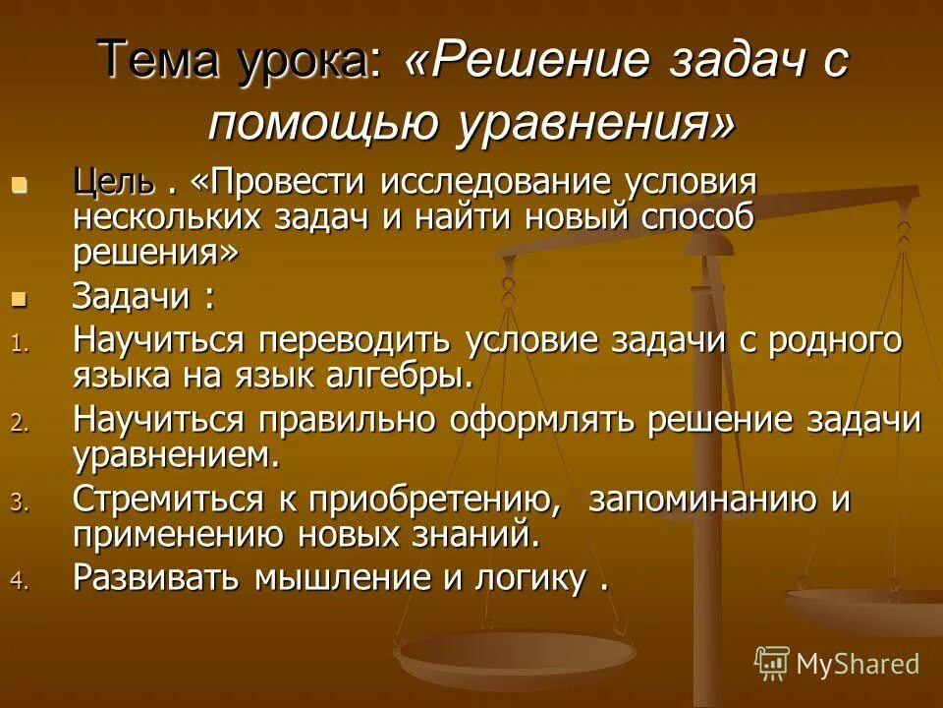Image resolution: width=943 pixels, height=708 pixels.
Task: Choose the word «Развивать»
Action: (156, 578)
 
